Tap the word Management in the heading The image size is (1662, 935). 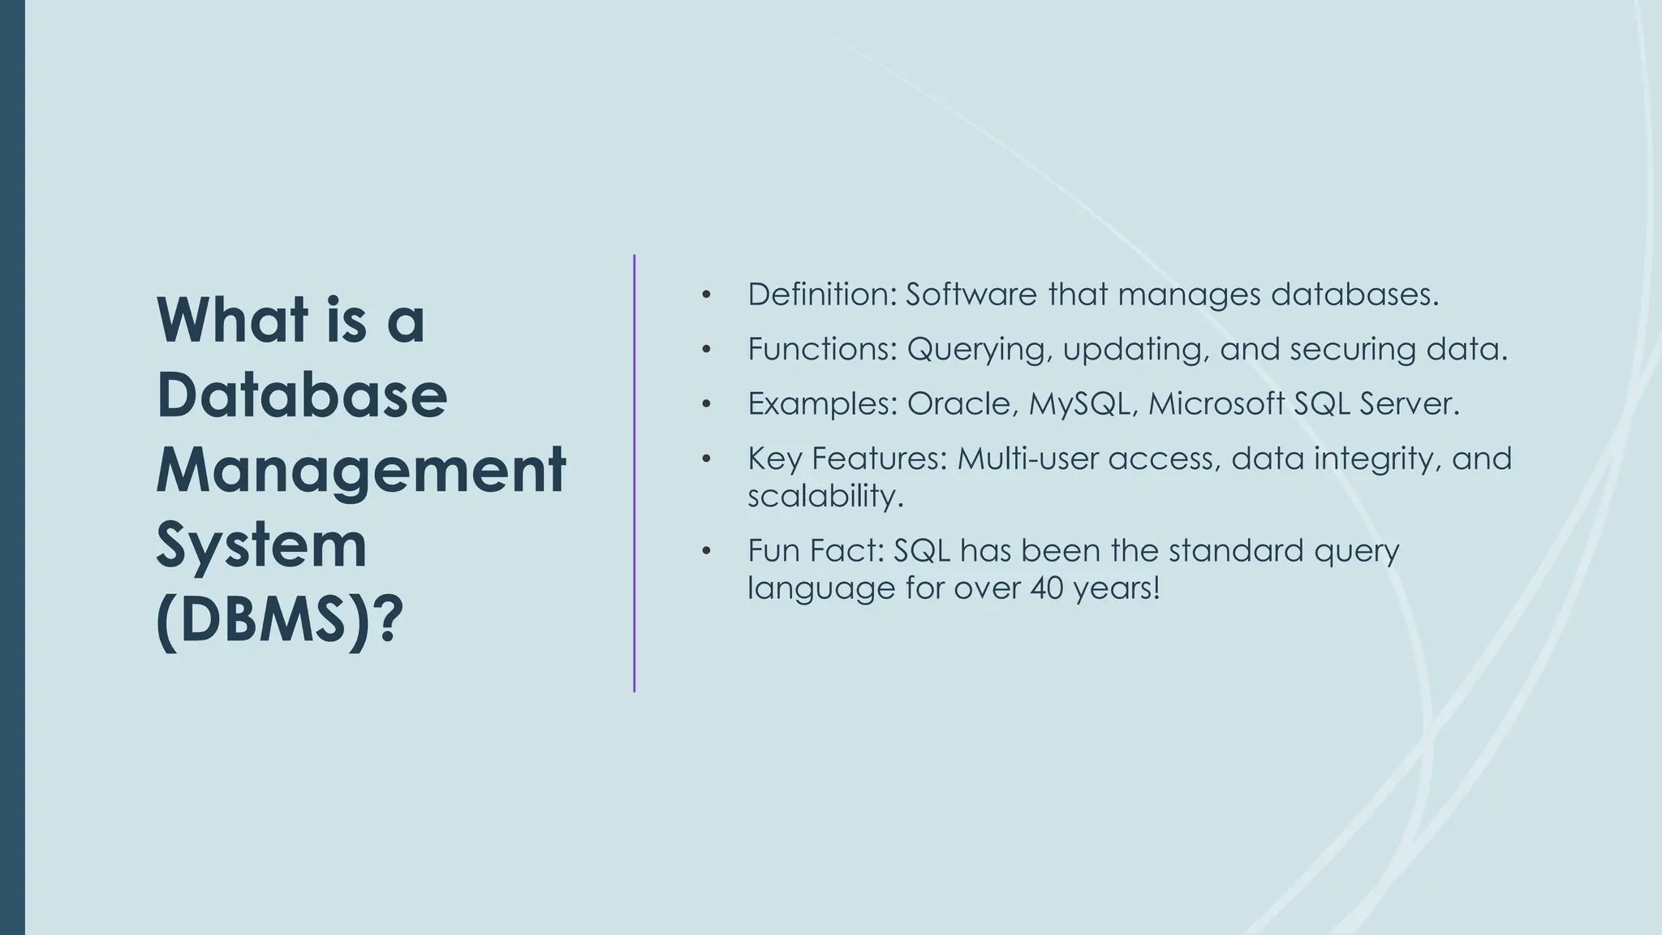[x=360, y=470]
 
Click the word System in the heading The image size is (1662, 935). [x=261, y=545]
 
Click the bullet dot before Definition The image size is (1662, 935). [x=706, y=295]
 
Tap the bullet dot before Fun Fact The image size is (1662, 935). [x=706, y=551]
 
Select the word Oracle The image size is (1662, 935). [x=959, y=403]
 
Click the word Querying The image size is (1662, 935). [x=980, y=349]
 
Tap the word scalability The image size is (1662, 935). [x=825, y=495]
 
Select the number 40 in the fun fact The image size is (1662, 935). [x=1046, y=588]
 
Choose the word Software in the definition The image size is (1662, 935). [x=971, y=294]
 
